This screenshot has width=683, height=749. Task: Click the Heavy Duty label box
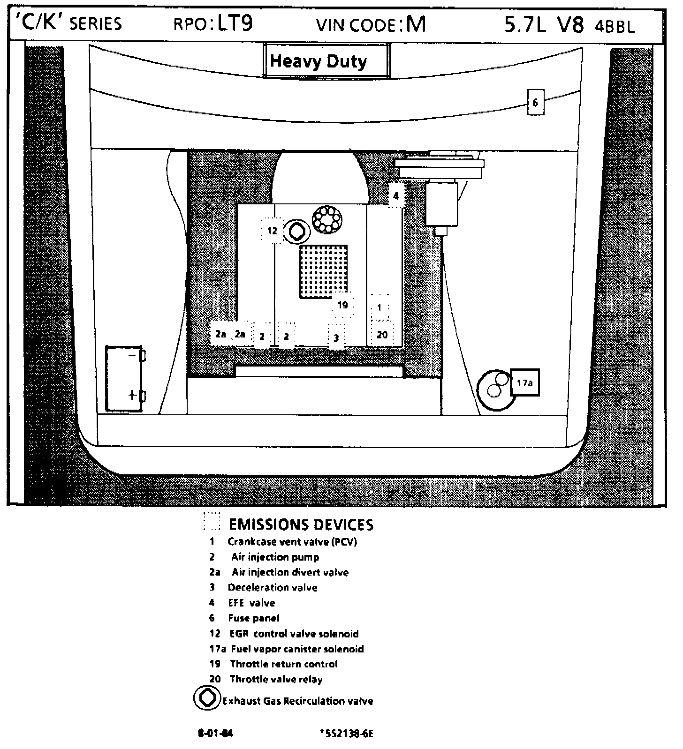[x=326, y=61]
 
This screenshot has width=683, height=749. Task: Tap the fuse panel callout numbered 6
[x=535, y=102]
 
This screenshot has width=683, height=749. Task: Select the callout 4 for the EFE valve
[x=396, y=196]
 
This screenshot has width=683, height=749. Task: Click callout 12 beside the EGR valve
[x=273, y=231]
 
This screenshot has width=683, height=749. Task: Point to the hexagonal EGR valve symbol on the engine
[x=297, y=231]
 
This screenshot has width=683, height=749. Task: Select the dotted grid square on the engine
[x=323, y=272]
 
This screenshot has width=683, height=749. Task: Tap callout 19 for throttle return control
[x=342, y=305]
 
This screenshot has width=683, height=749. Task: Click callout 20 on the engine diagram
[x=382, y=335]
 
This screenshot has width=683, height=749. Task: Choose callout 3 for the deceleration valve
[x=336, y=337]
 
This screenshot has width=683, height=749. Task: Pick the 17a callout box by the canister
[x=524, y=383]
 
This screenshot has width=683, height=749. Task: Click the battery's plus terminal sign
[x=133, y=395]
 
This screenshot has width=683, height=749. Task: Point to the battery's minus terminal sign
[x=132, y=356]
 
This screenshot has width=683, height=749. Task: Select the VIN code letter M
[x=416, y=23]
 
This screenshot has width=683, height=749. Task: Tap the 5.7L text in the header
[x=525, y=24]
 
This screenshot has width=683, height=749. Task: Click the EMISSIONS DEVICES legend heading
[x=301, y=524]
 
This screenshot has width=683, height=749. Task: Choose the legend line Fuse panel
[x=253, y=618]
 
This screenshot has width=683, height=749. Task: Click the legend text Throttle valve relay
[x=276, y=679]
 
